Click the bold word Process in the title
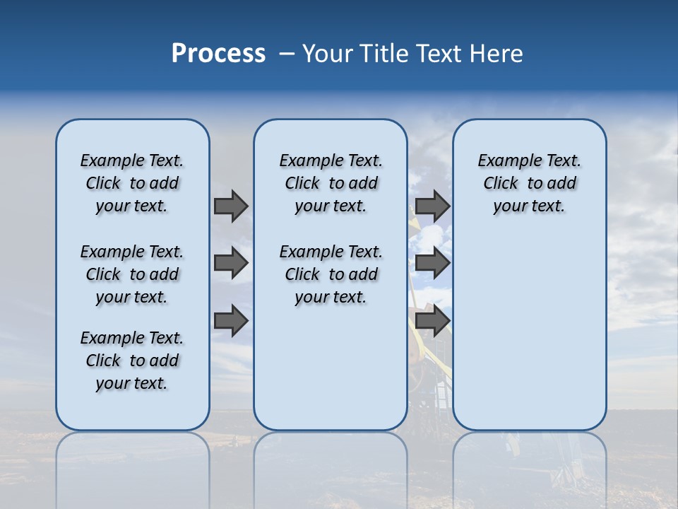[x=218, y=54]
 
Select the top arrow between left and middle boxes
[x=231, y=206]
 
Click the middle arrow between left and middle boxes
[x=231, y=263]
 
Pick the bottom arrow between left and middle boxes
[x=231, y=320]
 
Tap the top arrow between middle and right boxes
[x=432, y=206]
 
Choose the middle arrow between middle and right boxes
[x=432, y=263]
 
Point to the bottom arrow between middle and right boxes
[x=432, y=320]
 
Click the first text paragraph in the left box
[x=132, y=183]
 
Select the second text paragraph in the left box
[x=132, y=274]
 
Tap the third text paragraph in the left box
[x=132, y=361]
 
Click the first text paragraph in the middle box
[x=331, y=183]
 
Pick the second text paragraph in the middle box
[x=331, y=274]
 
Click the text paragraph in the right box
[x=530, y=183]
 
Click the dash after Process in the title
[x=287, y=54]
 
